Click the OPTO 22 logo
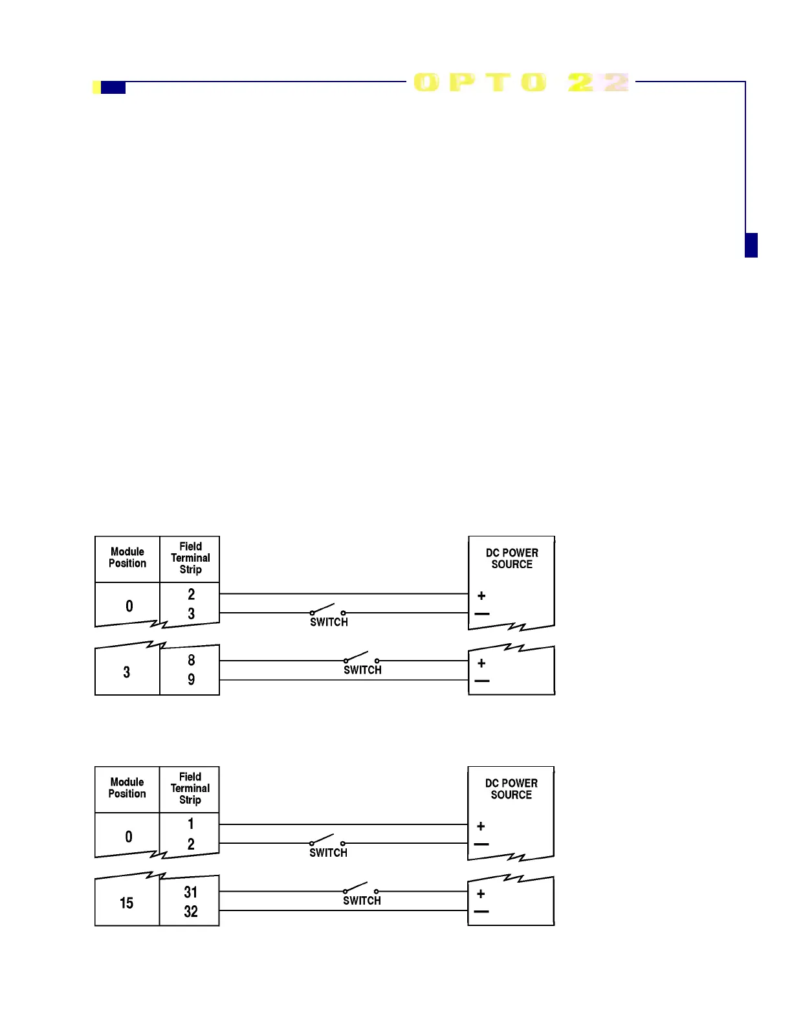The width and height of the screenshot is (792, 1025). [x=521, y=82]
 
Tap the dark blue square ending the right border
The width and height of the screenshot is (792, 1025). [x=751, y=245]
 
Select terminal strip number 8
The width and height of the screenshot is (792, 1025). [x=191, y=660]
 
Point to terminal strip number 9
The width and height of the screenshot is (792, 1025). [x=191, y=679]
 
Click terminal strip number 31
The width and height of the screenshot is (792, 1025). [x=191, y=892]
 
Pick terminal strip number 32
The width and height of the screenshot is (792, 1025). [x=191, y=912]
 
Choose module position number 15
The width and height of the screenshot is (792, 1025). [x=127, y=903]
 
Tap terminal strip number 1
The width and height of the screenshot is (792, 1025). [x=191, y=824]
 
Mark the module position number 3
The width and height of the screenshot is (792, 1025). [x=127, y=672]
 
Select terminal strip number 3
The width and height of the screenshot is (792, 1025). [x=191, y=613]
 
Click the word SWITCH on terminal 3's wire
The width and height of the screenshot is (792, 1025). [x=329, y=623]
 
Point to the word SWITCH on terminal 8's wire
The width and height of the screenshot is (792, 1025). [x=362, y=670]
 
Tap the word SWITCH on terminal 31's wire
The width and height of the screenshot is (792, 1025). [x=362, y=901]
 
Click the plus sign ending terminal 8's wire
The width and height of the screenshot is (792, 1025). [x=481, y=663]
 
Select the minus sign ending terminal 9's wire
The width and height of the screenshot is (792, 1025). [x=482, y=681]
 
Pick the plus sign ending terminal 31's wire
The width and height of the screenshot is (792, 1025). [x=481, y=894]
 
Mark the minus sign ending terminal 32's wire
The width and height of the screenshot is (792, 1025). [x=481, y=912]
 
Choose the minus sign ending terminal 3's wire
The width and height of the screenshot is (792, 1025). [x=482, y=613]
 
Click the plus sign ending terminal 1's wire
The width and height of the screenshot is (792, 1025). [x=481, y=826]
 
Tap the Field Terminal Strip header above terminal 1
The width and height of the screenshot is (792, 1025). [x=190, y=788]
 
